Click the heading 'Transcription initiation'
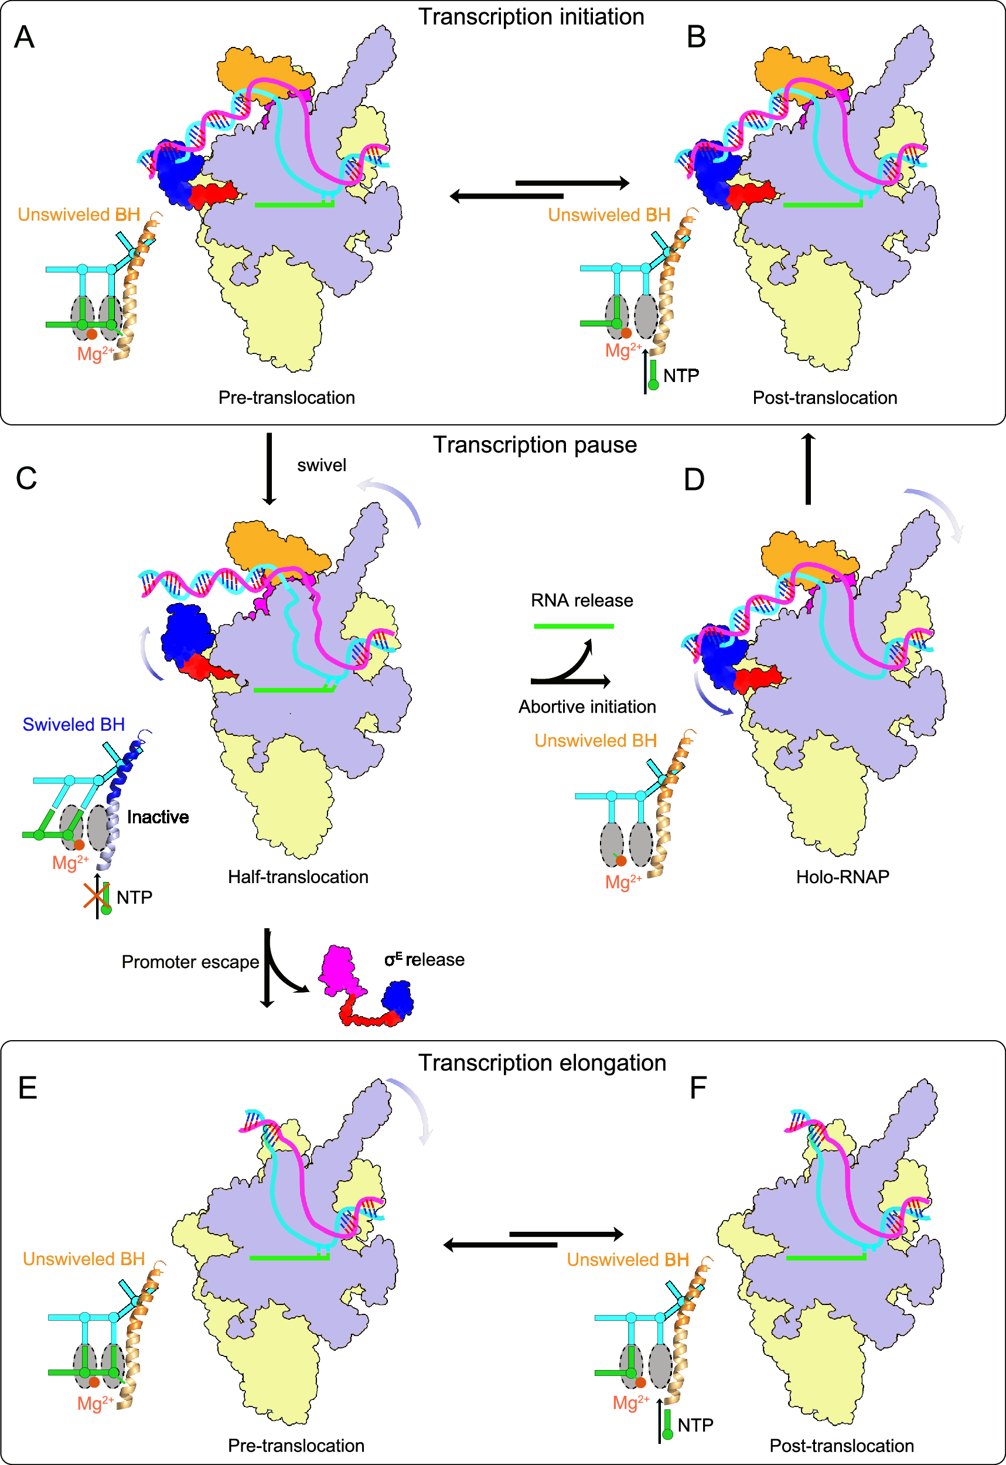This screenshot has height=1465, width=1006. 531,17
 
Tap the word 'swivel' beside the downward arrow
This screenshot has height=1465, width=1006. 322,465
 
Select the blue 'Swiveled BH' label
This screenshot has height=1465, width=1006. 74,724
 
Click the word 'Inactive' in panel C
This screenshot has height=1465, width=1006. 158,817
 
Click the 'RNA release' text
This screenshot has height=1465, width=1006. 581,600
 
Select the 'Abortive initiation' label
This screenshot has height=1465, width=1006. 587,707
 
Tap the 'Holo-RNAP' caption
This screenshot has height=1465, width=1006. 842,877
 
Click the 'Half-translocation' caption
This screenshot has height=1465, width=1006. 298,877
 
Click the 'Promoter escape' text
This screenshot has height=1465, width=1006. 190,962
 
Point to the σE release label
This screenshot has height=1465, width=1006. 424,959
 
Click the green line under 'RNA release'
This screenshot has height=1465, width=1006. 573,626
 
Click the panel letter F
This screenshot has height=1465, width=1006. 698,1088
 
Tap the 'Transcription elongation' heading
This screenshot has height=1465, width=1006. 542,1063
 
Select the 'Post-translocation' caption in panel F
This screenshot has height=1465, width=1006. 841,1446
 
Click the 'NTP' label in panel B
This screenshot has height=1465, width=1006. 681,376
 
